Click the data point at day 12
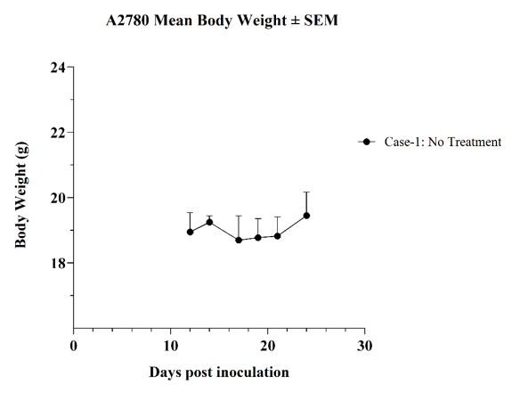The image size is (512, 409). pos(190,232)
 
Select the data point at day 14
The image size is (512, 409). pos(209,222)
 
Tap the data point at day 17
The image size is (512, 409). pos(239,240)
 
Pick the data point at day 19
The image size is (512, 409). pos(258,238)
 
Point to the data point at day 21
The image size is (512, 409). pos(277,236)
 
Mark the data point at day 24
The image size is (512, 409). pos(306,216)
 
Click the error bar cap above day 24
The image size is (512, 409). pos(306,192)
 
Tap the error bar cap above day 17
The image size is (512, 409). pos(239,216)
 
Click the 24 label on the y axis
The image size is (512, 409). pos(58,68)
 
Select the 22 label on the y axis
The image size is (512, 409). pos(58,133)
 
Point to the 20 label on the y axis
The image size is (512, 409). pos(58,198)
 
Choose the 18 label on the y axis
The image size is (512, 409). pos(58,263)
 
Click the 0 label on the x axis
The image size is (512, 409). pos(74,346)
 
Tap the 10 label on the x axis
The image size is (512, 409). pos(170,346)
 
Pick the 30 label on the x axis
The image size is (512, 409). pos(364,346)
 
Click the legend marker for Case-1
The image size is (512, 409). pos(366,142)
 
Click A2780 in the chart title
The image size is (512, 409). pos(127,20)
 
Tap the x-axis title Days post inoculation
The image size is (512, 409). pos(219,372)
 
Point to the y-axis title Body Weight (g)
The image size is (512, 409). pos(20,195)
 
